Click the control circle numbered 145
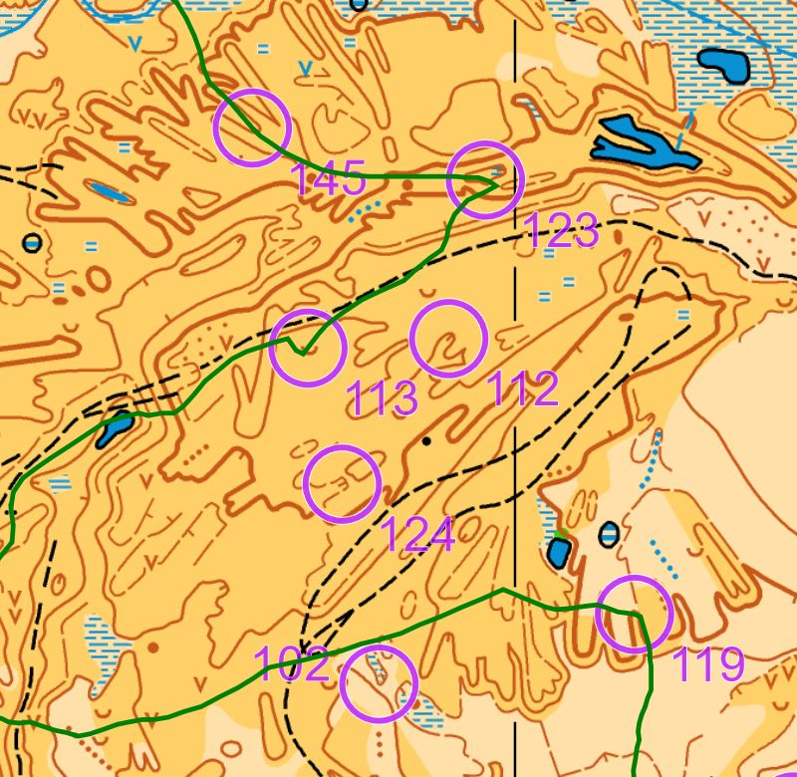tap(252, 128)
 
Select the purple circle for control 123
tap(485, 180)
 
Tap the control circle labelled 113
tap(308, 348)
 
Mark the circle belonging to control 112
tap(448, 339)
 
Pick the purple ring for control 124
tap(343, 484)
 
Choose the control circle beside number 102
tap(379, 683)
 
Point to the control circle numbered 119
tap(635, 615)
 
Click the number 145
tap(328, 180)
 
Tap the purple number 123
tap(561, 232)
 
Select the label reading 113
tap(382, 398)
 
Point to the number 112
tap(523, 389)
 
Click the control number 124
tap(418, 535)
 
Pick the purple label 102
tap(291, 663)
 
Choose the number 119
tap(709, 664)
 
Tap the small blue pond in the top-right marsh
tap(724, 65)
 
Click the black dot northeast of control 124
tap(426, 439)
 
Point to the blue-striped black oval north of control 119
tap(609, 534)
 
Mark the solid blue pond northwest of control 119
tap(559, 554)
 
